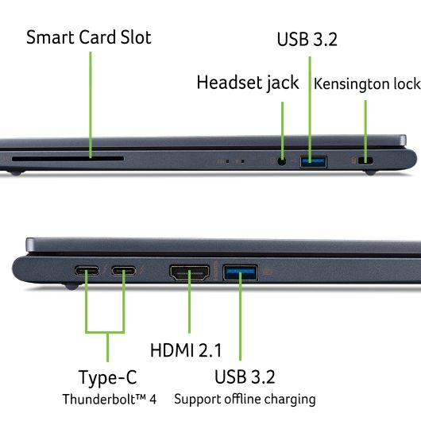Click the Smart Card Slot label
[x=89, y=37]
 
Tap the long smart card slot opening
[x=68, y=159]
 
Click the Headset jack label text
[x=248, y=83]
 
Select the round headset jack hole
[x=281, y=161]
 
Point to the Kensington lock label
[x=367, y=84]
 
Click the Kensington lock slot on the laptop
[x=365, y=160]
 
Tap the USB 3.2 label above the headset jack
[x=307, y=40]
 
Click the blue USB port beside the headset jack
[x=313, y=162]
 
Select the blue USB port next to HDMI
[x=241, y=272]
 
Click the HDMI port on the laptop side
[x=190, y=272]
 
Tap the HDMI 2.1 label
[x=186, y=350]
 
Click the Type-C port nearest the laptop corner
[x=87, y=271]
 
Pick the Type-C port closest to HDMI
[x=124, y=271]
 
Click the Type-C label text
[x=108, y=377]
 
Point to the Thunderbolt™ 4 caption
[x=110, y=399]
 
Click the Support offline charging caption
[x=245, y=399]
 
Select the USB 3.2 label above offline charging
[x=245, y=377]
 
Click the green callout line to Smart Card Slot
[x=91, y=105]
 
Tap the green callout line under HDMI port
[x=190, y=302]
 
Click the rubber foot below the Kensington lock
[x=370, y=172]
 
